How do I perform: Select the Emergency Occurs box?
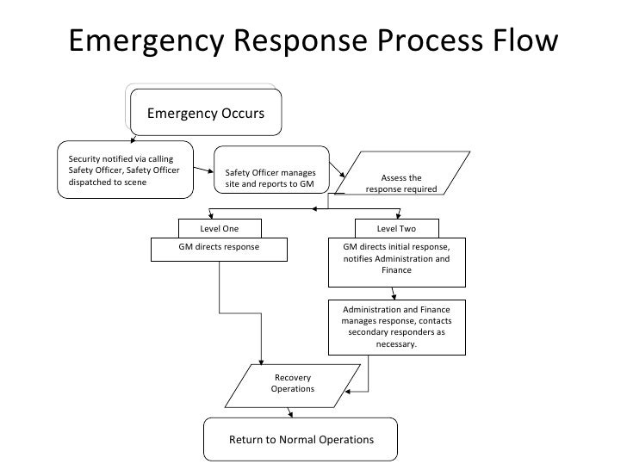(x=205, y=114)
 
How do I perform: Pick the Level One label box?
(x=219, y=229)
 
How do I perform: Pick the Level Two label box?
(x=396, y=229)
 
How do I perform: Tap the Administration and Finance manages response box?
(x=396, y=326)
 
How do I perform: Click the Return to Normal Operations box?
(x=301, y=440)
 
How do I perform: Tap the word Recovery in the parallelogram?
(x=292, y=378)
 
